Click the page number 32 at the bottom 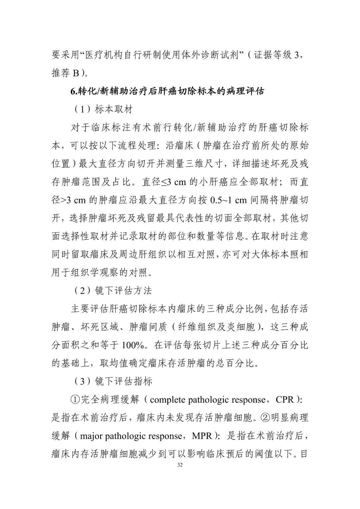pos(180,465)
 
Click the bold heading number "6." pos(74,91)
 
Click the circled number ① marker pos(75,400)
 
